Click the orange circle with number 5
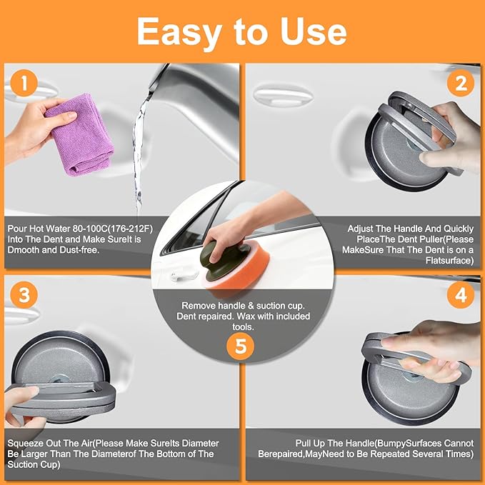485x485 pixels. pyautogui.click(x=242, y=346)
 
